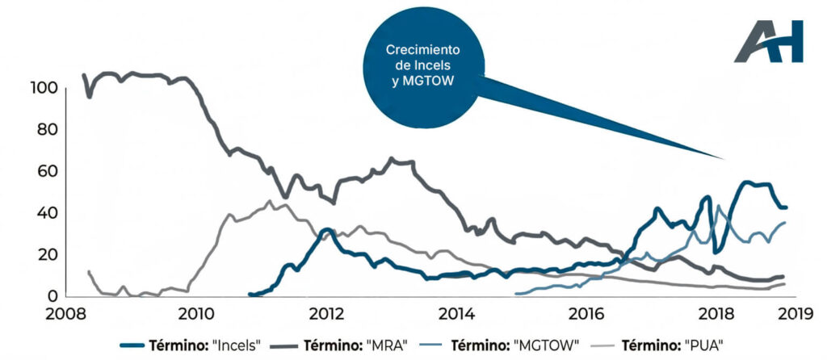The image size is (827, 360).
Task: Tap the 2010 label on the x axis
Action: pyautogui.click(x=194, y=314)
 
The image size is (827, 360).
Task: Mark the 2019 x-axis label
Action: pyautogui.click(x=784, y=314)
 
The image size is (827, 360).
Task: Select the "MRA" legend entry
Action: pyautogui.click(x=353, y=344)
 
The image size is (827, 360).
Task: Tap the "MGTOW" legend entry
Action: pyautogui.click(x=514, y=344)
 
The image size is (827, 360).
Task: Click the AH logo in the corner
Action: pyautogui.click(x=768, y=42)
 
